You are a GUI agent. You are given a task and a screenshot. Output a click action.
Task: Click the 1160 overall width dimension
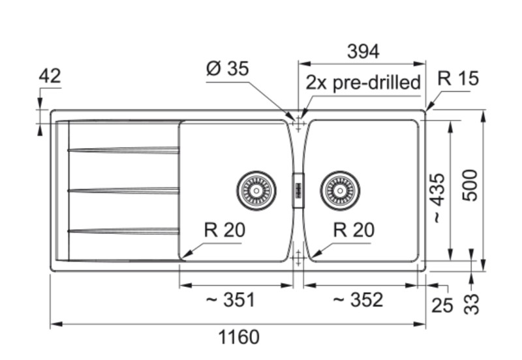tap(239, 337)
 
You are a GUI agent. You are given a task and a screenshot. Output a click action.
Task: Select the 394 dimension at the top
tap(363, 51)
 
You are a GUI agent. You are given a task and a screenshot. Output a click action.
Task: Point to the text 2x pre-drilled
tap(363, 83)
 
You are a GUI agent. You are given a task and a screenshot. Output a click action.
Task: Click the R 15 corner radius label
tap(458, 78)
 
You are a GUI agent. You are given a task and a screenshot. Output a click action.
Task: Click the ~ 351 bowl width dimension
tap(230, 300)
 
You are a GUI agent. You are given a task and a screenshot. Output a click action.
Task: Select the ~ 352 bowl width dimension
tap(358, 300)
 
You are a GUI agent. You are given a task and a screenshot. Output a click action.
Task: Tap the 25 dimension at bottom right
tap(442, 305)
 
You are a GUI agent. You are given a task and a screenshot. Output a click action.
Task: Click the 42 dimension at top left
tap(50, 76)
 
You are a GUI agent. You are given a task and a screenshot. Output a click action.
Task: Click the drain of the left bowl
tap(256, 190)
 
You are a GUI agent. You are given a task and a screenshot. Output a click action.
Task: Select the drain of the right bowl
tap(340, 190)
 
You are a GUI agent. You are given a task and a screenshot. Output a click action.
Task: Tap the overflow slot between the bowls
tap(298, 190)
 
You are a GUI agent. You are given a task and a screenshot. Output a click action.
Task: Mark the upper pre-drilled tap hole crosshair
tap(298, 122)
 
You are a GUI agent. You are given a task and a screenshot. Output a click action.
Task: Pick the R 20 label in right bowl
tap(354, 230)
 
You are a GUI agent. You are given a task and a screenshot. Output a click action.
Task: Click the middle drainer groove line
tap(123, 190)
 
